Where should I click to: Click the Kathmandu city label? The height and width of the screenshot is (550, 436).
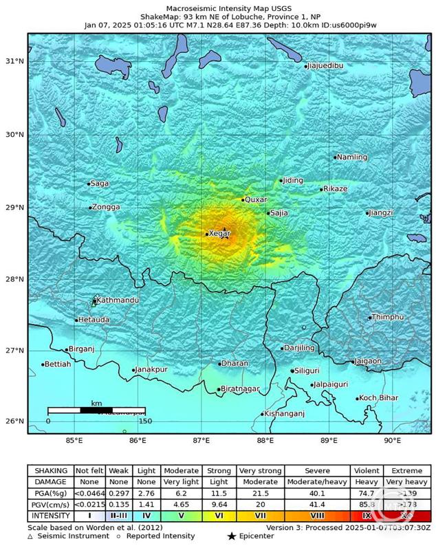tap(118, 300)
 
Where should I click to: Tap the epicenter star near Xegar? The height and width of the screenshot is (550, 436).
tap(224, 232)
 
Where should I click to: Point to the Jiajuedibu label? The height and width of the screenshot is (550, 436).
tap(326, 66)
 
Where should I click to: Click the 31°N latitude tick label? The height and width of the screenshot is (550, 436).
tap(14, 62)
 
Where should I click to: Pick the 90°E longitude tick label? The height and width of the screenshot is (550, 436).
tap(392, 440)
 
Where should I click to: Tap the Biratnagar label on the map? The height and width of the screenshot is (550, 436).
tap(240, 389)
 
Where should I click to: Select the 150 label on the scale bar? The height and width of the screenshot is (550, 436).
tap(146, 421)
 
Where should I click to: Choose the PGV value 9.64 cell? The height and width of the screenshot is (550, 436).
tap(219, 505)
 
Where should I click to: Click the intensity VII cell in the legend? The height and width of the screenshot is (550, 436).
tap(260, 516)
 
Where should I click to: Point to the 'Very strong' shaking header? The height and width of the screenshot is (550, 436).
tap(260, 471)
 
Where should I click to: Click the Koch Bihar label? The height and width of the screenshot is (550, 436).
tap(379, 398)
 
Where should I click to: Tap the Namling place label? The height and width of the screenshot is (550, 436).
tap(353, 157)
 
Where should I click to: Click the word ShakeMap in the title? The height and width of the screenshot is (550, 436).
tap(160, 15)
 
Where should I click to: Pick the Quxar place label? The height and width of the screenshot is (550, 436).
tap(257, 199)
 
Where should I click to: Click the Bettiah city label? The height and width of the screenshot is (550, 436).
tap(58, 364)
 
